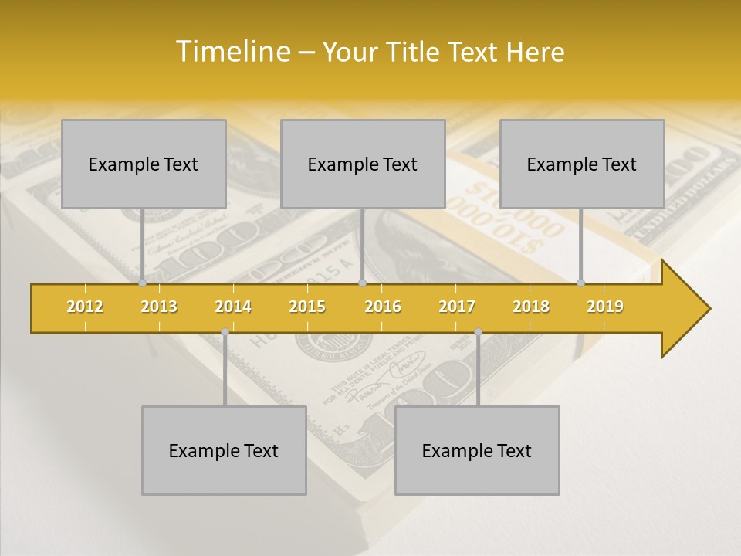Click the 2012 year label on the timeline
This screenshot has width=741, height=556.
(x=85, y=307)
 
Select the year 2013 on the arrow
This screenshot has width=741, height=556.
(x=159, y=307)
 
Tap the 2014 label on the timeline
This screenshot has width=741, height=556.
(x=233, y=307)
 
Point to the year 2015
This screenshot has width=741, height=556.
(x=307, y=307)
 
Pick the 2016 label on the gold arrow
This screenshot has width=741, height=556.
(x=383, y=307)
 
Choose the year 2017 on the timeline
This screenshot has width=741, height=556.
(x=457, y=307)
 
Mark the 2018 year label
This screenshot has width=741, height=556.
(x=531, y=307)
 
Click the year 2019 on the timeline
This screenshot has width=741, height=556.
(x=605, y=307)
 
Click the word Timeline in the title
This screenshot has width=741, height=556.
(x=231, y=52)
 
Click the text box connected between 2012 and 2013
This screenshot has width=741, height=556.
(x=144, y=164)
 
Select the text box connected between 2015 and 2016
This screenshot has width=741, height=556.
(x=363, y=164)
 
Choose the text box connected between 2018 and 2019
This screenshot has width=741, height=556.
(x=582, y=164)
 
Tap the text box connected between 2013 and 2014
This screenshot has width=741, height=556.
(x=224, y=450)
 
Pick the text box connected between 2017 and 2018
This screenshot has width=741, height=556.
(x=477, y=450)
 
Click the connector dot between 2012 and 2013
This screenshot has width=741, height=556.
(x=143, y=283)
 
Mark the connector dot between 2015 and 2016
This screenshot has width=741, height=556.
(x=362, y=283)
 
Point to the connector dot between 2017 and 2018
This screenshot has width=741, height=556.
(x=478, y=332)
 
